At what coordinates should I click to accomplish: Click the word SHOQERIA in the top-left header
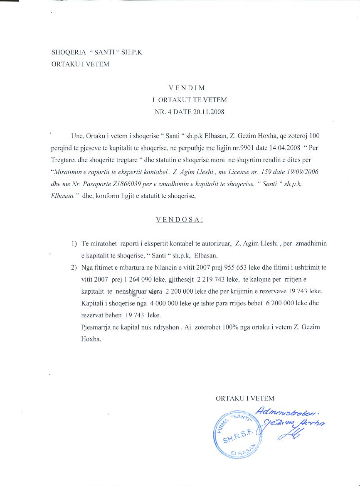pyautogui.click(x=67, y=53)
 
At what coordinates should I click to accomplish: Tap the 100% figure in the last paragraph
pyautogui.click(x=233, y=327)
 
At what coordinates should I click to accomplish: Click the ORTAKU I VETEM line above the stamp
pyautogui.click(x=245, y=399)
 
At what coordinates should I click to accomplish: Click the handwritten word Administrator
pyautogui.click(x=287, y=412)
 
